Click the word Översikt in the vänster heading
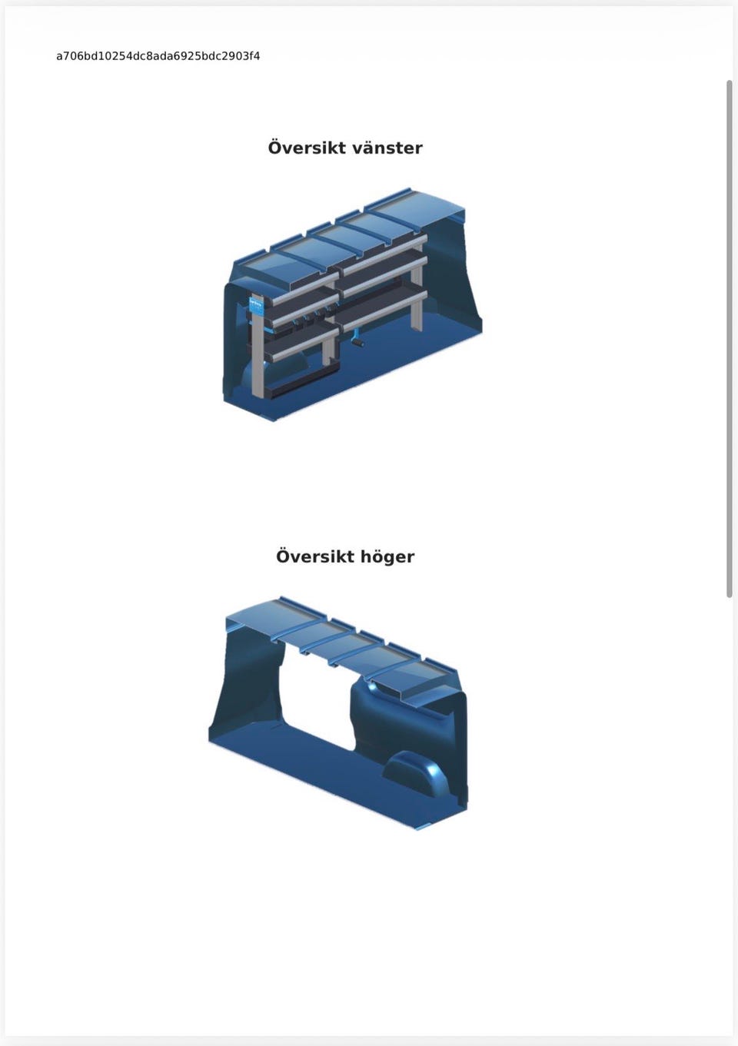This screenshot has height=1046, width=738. (x=307, y=148)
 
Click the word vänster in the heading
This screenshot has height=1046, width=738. (x=387, y=148)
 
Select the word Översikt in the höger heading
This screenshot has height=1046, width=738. (x=314, y=556)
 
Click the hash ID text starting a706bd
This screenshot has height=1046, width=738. (x=158, y=57)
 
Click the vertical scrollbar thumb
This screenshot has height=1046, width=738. (x=729, y=339)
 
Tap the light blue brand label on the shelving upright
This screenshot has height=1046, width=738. (x=257, y=305)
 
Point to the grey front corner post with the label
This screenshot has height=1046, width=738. (x=258, y=347)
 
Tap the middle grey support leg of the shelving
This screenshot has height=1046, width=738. (x=329, y=347)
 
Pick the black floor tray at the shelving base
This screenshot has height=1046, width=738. (x=301, y=382)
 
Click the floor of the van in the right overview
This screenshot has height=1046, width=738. (x=336, y=771)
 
